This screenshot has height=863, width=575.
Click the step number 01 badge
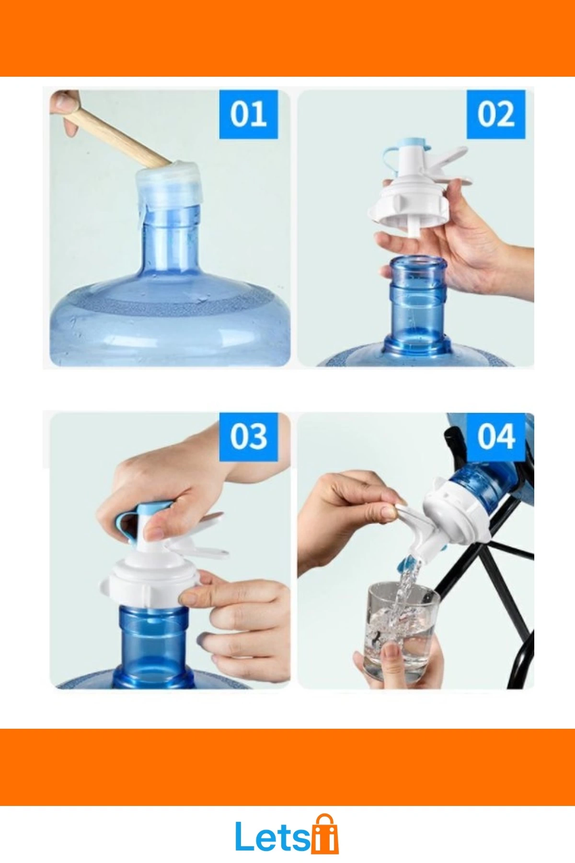tap(248, 114)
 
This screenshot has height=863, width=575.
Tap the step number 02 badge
tap(496, 114)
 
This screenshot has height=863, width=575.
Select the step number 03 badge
tap(248, 436)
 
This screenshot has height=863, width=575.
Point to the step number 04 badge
tap(496, 436)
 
